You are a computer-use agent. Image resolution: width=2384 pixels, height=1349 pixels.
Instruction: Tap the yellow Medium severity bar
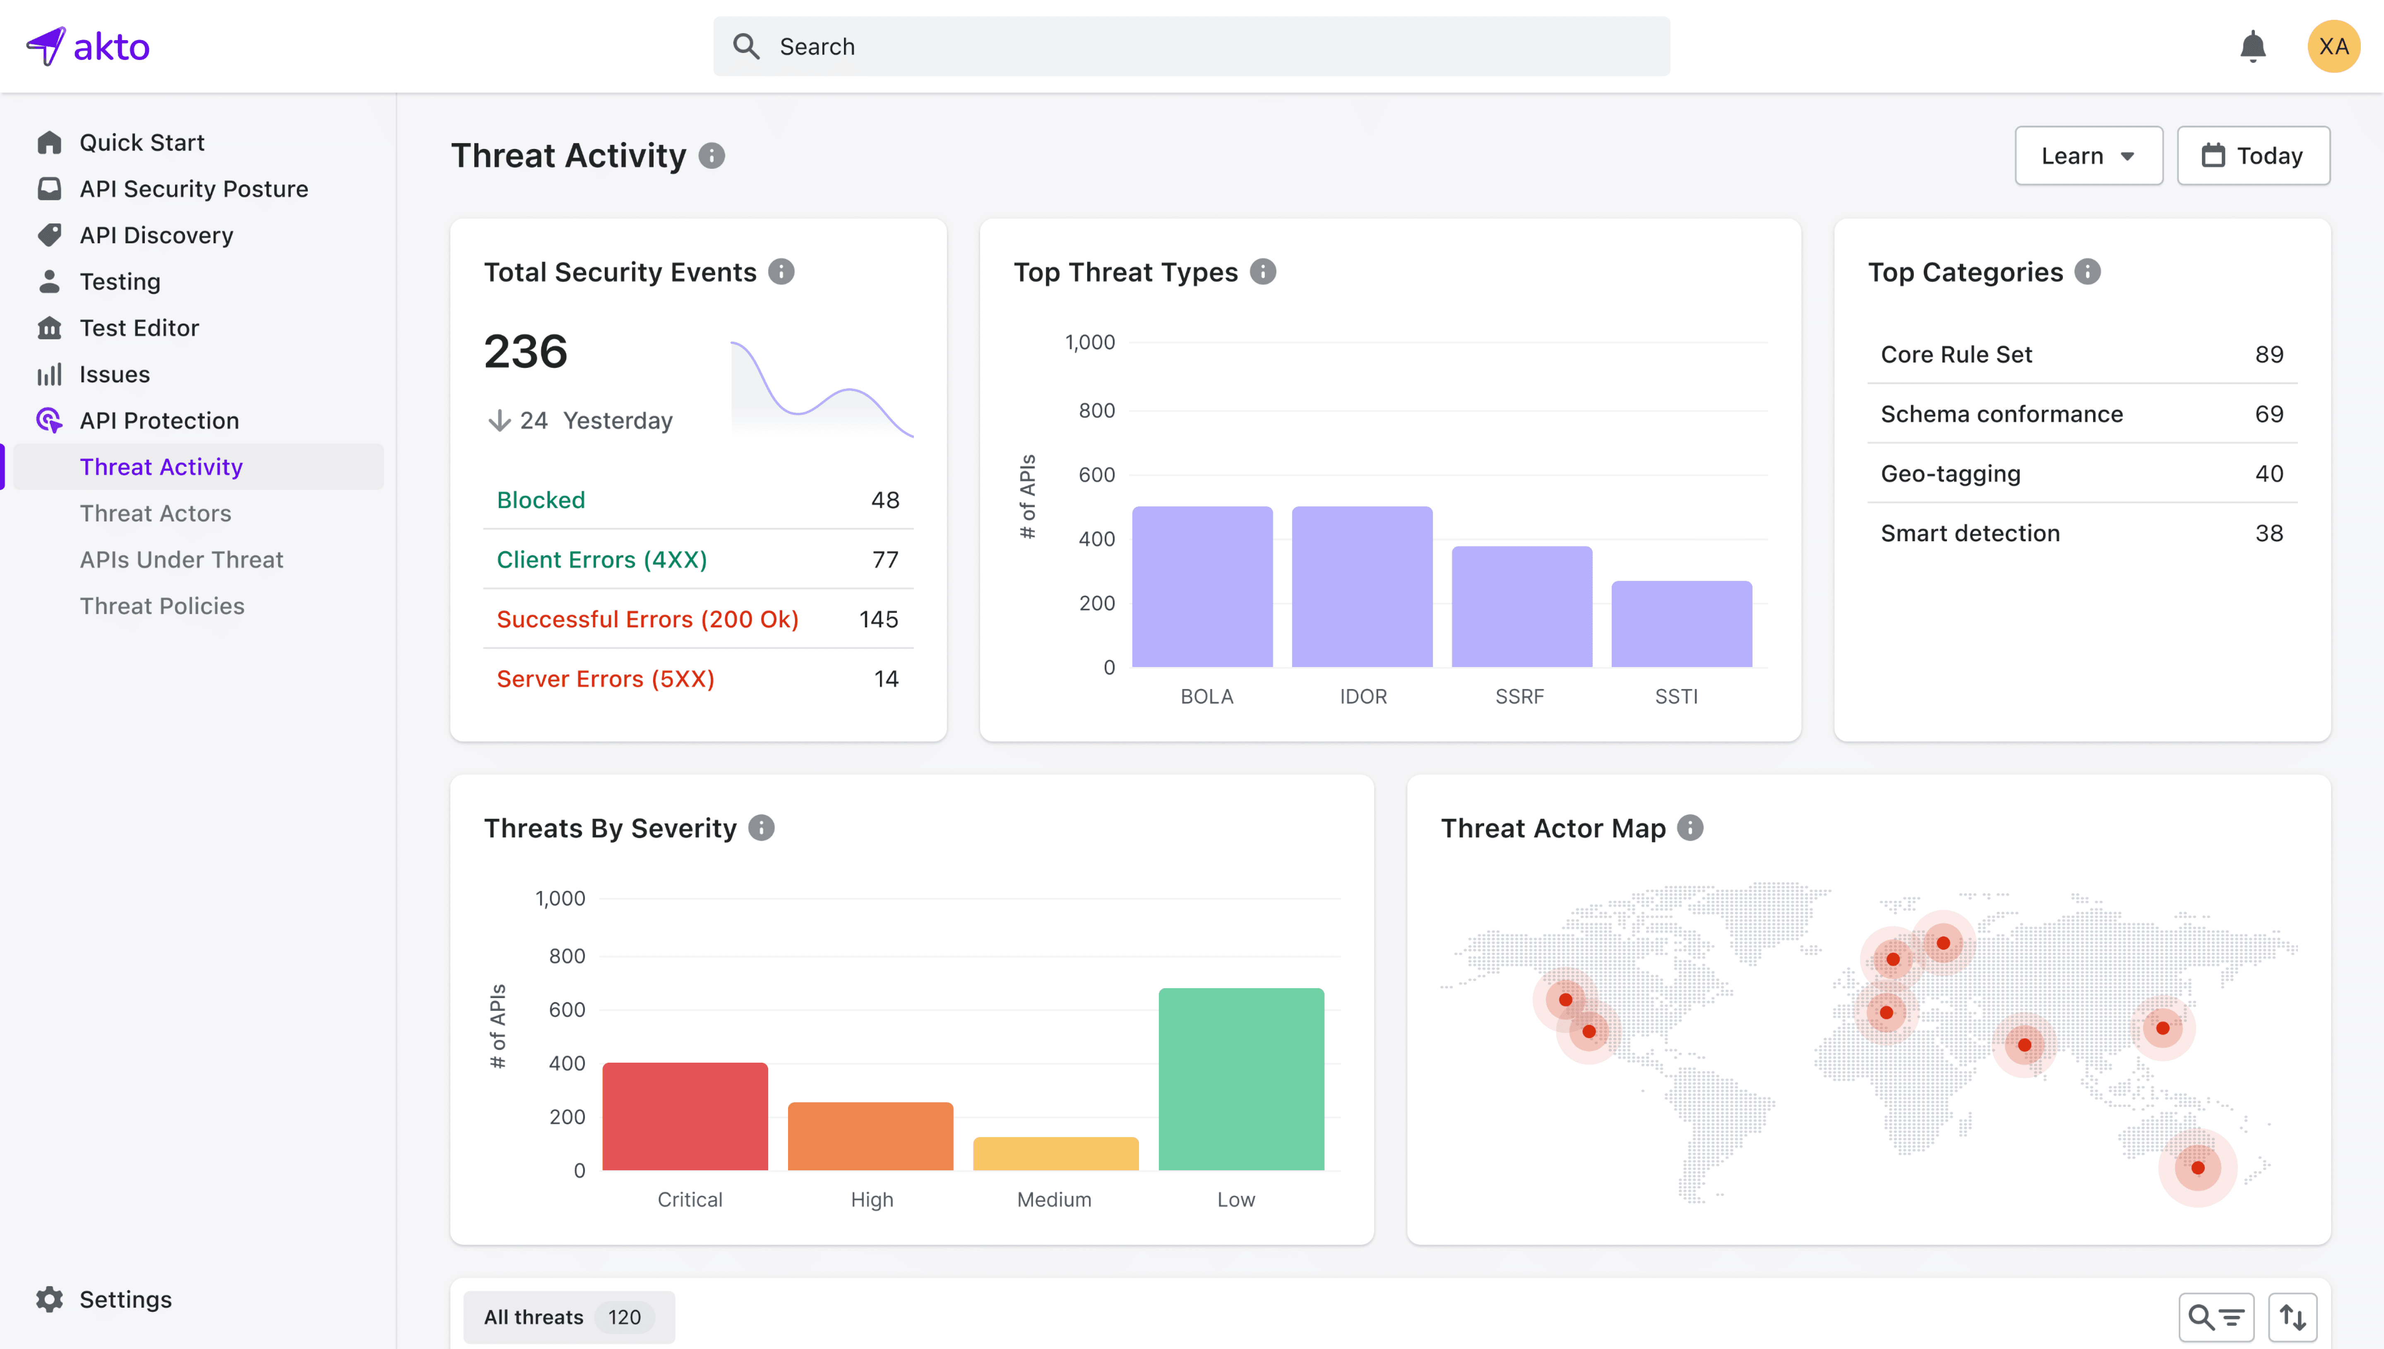(1055, 1154)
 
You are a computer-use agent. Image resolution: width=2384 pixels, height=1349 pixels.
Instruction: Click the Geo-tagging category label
(1950, 473)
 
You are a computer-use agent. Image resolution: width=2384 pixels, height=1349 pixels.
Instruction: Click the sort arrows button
(2292, 1317)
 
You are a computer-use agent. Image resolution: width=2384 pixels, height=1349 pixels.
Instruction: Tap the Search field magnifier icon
(746, 46)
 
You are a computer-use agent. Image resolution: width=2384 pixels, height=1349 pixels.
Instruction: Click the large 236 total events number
(525, 352)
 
